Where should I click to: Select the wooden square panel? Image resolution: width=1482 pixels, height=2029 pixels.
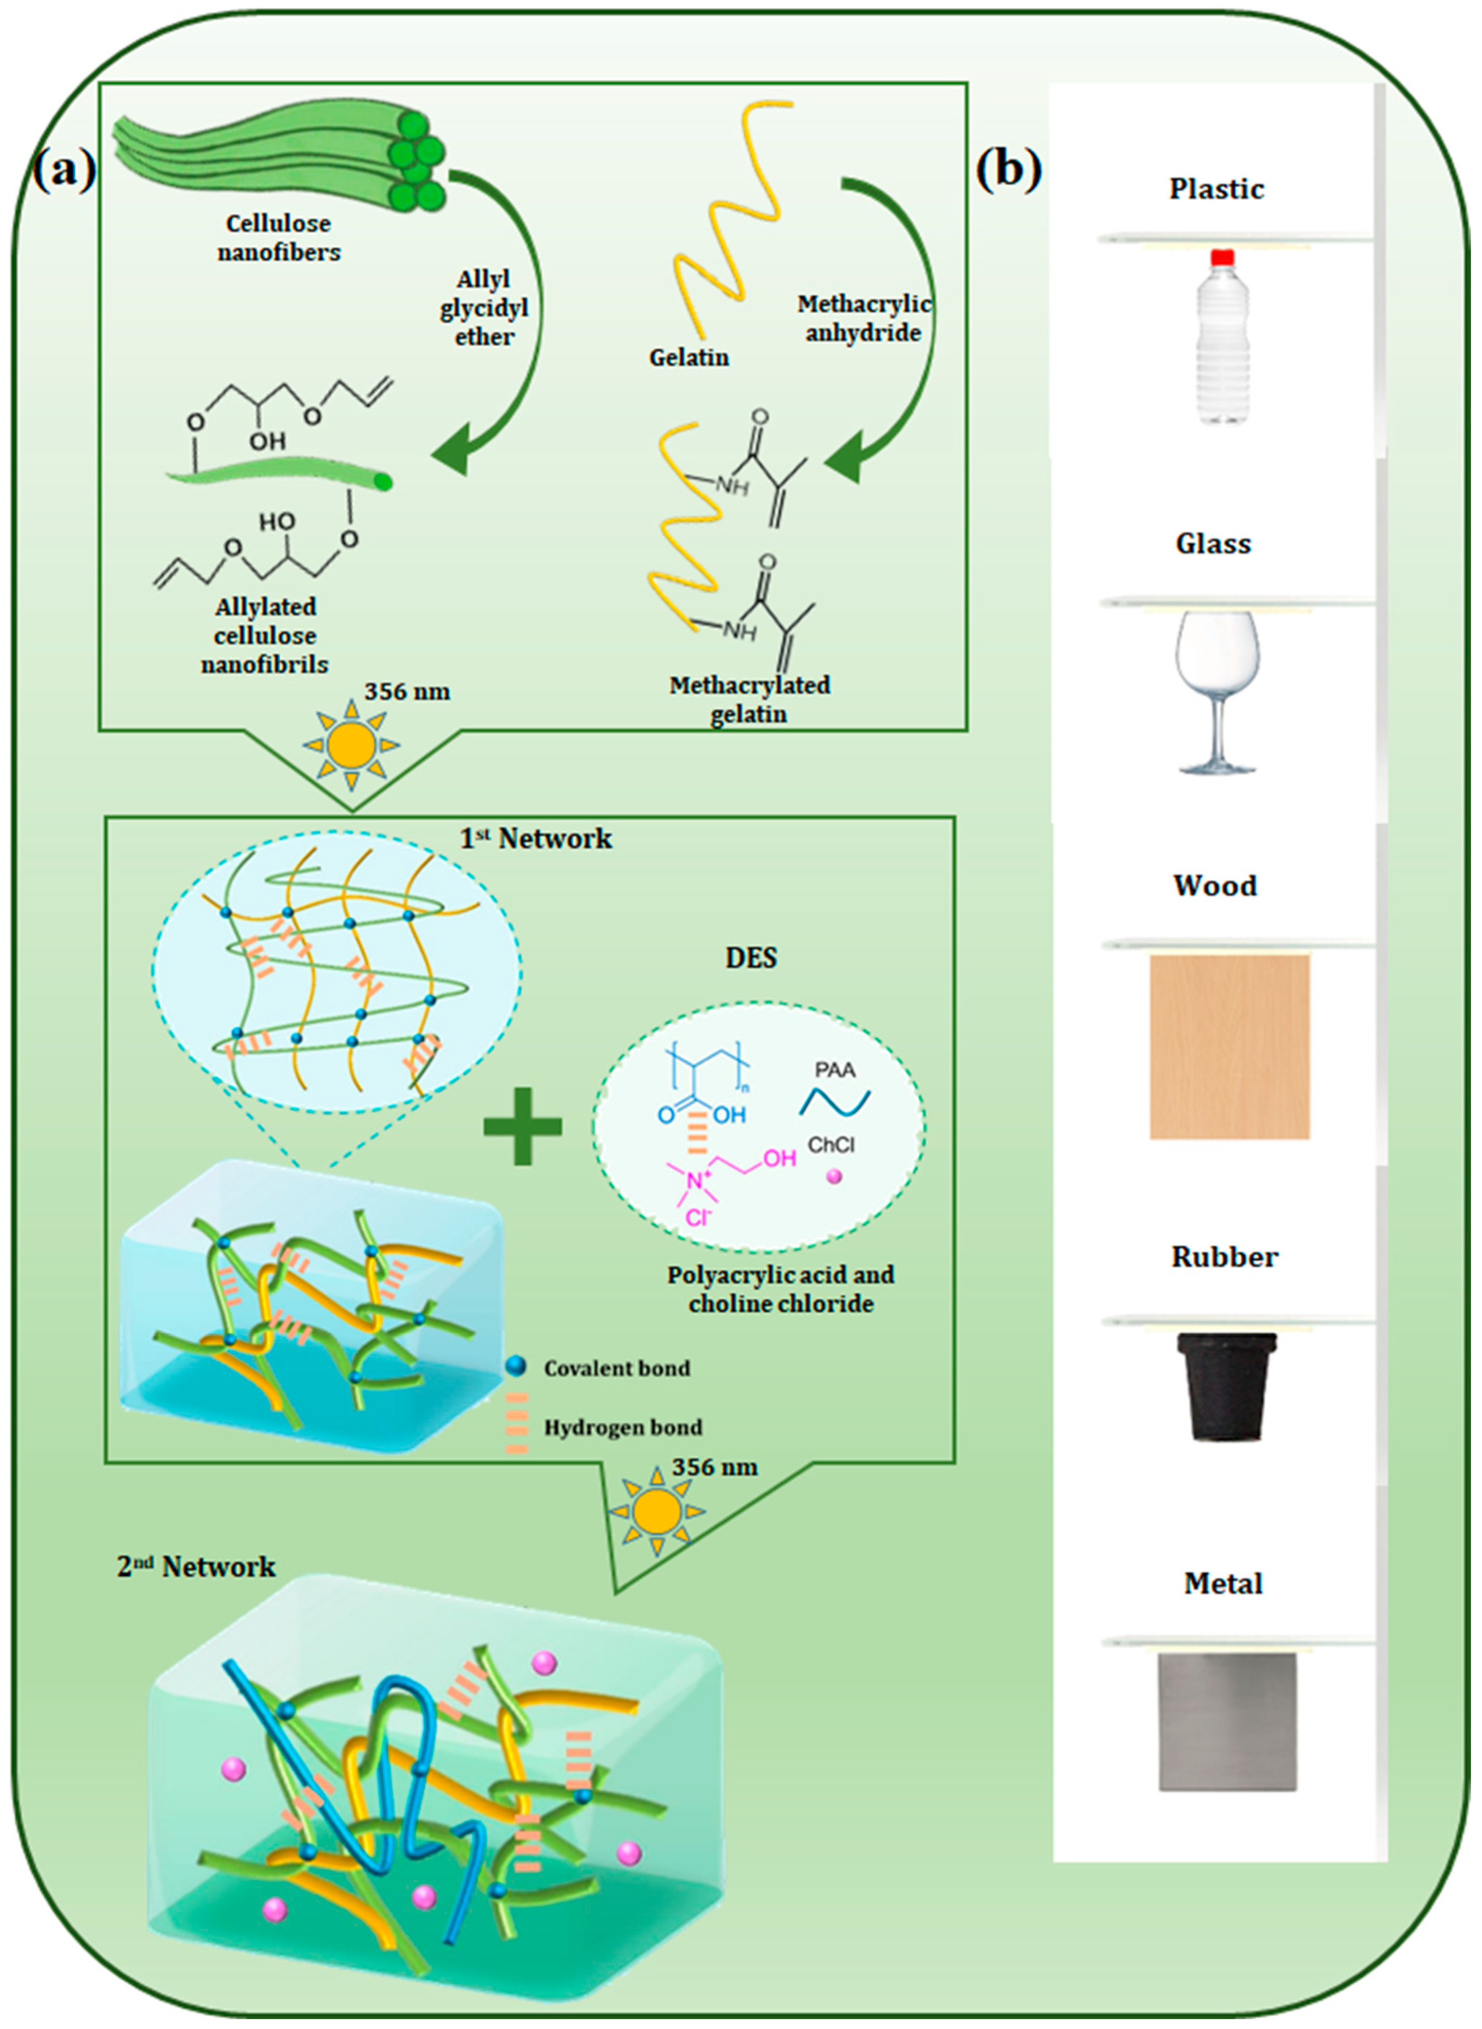point(1229,1046)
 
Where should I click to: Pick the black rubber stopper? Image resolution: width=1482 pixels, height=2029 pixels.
point(1226,1385)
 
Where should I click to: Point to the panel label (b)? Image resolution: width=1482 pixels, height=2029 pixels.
point(1008,168)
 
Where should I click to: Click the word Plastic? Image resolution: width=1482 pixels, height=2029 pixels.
point(1216,189)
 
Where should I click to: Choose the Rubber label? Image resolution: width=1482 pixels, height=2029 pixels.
point(1224,1257)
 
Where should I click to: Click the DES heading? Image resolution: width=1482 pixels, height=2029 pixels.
point(751,958)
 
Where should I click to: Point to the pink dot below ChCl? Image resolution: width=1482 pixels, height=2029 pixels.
point(834,1177)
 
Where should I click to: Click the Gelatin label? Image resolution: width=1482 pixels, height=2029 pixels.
point(689,358)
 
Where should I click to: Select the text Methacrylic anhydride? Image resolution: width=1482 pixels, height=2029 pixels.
point(863,318)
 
